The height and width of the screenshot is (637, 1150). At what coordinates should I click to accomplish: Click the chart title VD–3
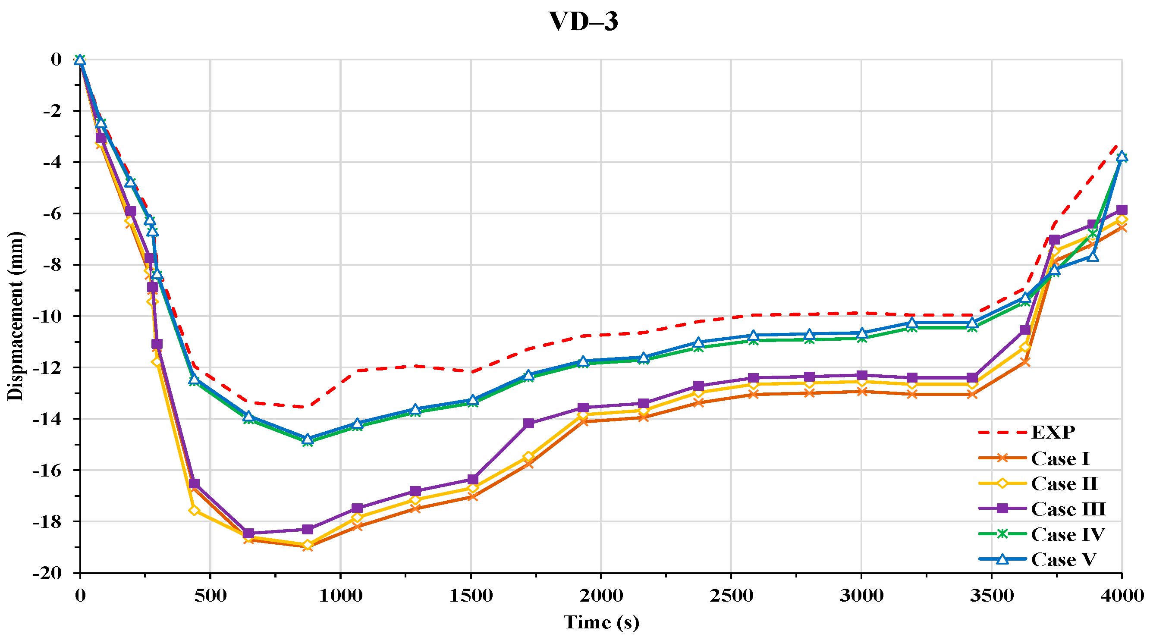click(583, 22)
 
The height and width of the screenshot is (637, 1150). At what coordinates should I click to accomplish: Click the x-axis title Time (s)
click(601, 622)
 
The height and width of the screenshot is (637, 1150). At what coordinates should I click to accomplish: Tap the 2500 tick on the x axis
click(731, 596)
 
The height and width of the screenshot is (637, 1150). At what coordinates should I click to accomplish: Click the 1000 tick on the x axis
click(340, 596)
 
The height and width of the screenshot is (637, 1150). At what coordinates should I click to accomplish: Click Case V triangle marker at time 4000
click(1122, 156)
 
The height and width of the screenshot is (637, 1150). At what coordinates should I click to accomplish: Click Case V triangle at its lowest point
click(307, 439)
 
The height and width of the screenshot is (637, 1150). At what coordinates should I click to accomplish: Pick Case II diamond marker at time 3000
click(861, 382)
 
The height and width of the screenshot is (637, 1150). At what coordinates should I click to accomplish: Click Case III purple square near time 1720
click(528, 423)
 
